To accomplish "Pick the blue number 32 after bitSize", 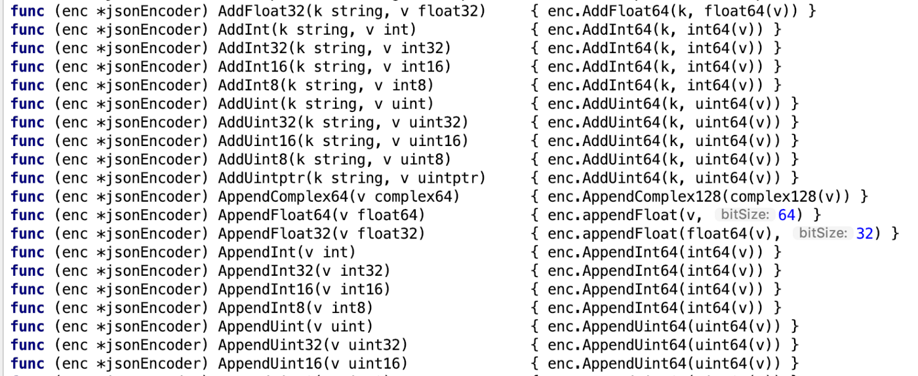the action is point(864,234).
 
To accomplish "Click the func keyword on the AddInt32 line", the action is point(28,48).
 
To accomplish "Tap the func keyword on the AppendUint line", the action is point(28,326).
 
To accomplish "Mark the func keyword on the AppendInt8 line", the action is point(28,308).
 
